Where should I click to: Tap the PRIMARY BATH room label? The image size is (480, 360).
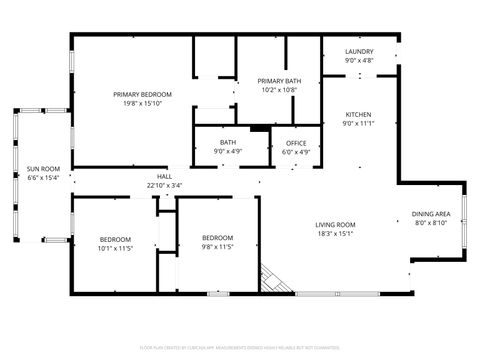point(279,81)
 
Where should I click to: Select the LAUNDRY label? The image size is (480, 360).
point(359,52)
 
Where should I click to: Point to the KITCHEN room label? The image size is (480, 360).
point(359,115)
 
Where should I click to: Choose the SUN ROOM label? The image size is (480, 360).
point(43,169)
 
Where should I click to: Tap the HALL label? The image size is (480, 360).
point(164,176)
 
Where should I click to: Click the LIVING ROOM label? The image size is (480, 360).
point(336,225)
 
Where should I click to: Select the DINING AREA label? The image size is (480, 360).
point(431,215)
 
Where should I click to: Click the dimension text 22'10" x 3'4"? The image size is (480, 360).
point(164,185)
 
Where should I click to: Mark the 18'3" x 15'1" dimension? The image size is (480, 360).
point(336,234)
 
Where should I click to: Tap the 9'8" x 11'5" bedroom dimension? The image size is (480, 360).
point(218,246)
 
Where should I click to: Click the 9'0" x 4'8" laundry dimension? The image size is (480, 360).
point(359,61)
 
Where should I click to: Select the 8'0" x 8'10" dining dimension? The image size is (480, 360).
point(431,224)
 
